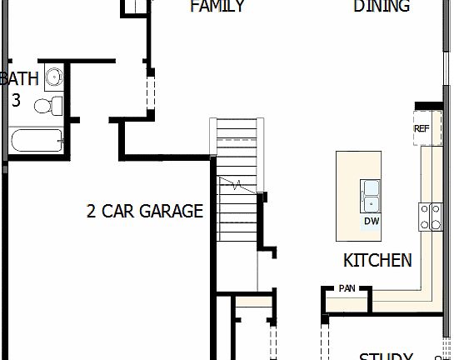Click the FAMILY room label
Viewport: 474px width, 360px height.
(217, 7)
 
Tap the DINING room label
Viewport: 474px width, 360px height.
(382, 7)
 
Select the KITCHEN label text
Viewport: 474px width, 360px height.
(377, 260)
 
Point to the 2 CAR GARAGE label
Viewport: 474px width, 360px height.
(145, 211)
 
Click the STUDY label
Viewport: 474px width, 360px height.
(386, 356)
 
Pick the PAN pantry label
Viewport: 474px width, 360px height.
(347, 288)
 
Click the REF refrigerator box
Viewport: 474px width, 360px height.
(422, 128)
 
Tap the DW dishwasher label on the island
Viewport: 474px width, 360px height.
(372, 222)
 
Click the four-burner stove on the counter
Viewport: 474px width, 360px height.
(430, 216)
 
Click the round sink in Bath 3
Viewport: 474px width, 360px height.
(53, 77)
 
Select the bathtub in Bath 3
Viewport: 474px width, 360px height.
(37, 141)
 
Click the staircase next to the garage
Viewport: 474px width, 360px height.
(237, 192)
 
